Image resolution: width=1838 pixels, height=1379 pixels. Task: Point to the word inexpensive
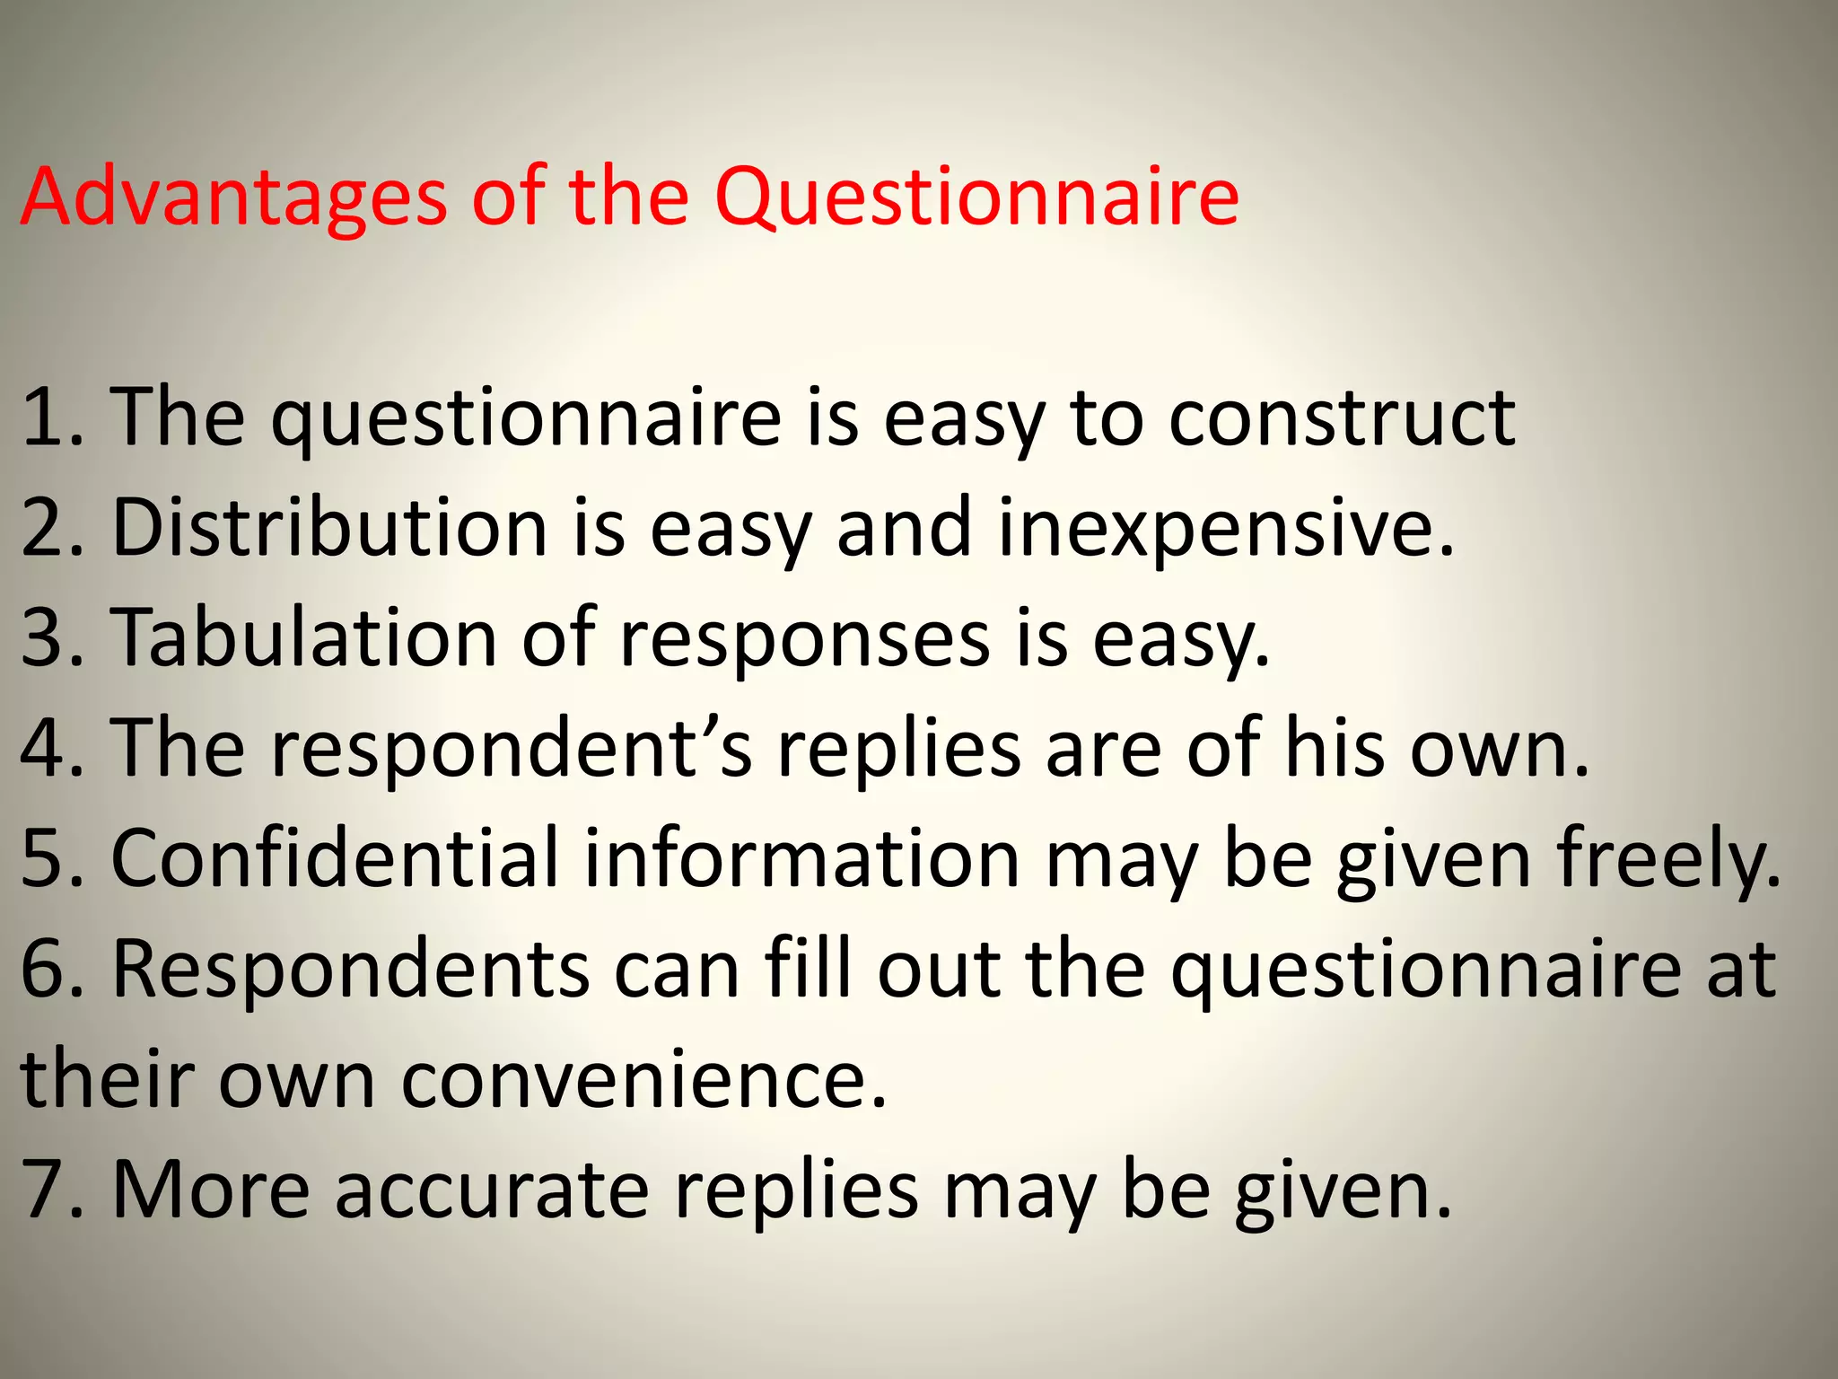tap(1225, 529)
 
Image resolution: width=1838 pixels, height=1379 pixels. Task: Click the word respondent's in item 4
tap(512, 749)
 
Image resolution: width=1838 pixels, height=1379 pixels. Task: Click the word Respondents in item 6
tap(351, 970)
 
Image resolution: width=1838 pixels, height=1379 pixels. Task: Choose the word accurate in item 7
tap(492, 1190)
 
